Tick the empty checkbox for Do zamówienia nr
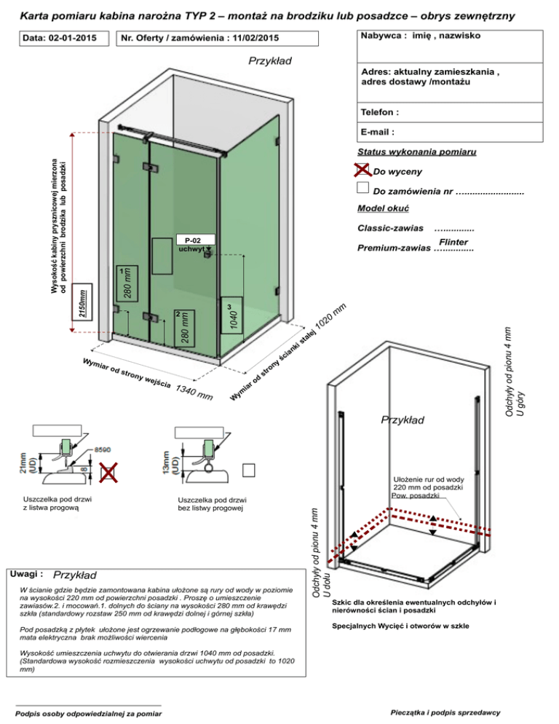[364, 189]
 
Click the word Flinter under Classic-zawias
[453, 242]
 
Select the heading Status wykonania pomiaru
[417, 152]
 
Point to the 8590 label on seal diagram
[101, 451]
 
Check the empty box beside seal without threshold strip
[250, 469]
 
